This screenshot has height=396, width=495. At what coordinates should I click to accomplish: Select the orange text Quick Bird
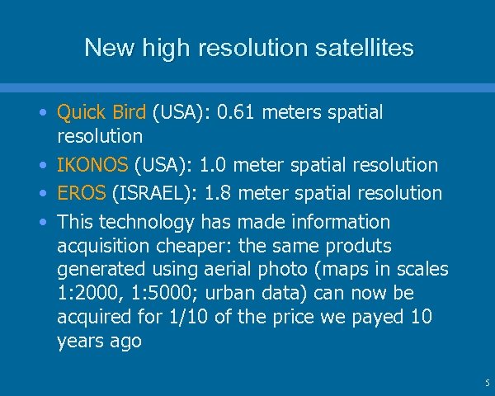101,112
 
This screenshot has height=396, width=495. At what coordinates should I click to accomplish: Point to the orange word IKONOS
92,165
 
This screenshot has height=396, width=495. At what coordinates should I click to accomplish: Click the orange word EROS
82,193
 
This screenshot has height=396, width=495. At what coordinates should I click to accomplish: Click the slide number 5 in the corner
486,383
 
